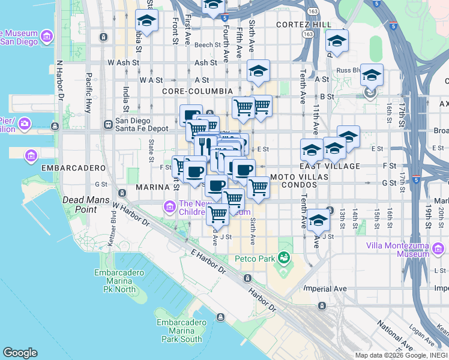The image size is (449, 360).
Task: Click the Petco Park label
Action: coord(255,259)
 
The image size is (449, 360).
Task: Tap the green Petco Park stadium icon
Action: coord(285,259)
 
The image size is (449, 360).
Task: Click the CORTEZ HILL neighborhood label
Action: coord(304,24)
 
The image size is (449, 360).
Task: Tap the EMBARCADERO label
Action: coord(65,168)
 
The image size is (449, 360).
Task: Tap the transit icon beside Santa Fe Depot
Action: coord(108,125)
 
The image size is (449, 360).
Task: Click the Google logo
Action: coord(20,353)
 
